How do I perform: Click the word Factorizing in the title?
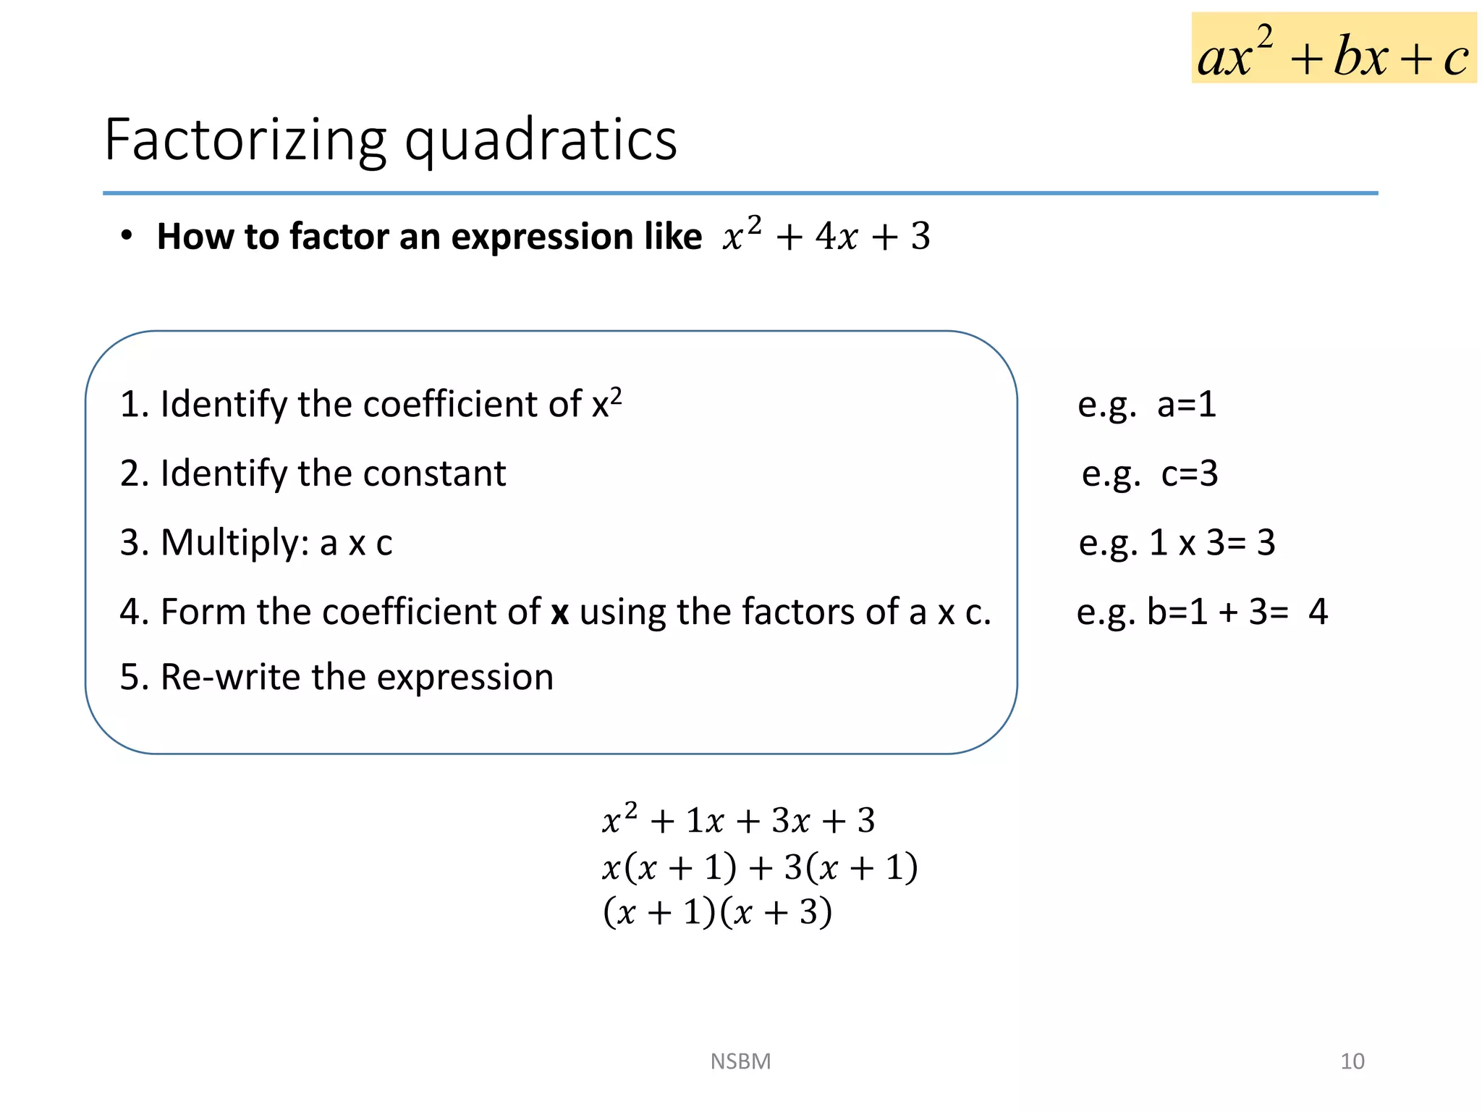[245, 140]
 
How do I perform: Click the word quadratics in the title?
[541, 140]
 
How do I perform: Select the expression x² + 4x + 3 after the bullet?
[826, 235]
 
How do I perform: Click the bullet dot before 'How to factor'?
[127, 236]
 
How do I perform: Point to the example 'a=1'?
[1186, 404]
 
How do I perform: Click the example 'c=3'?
[1190, 473]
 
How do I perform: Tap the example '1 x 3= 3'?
[1212, 542]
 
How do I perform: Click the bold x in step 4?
[559, 612]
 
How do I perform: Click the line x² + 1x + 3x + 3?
[738, 820]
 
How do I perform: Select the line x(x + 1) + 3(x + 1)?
[760, 867]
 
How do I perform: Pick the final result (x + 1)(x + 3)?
[717, 911]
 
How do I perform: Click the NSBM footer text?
[740, 1061]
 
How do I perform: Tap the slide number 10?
[1352, 1061]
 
